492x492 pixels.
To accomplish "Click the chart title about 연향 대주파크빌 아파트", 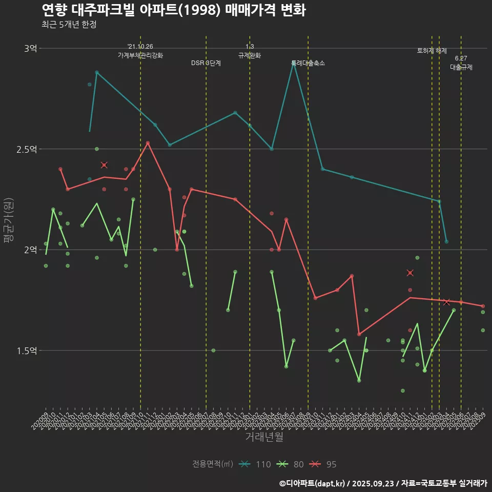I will click(x=173, y=10).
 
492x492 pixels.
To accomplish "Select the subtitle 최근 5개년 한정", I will click(x=69, y=25).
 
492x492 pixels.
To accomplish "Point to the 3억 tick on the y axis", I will click(x=30, y=49).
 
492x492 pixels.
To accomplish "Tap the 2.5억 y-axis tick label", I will click(x=27, y=149).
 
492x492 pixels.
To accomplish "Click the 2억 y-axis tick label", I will click(x=30, y=250).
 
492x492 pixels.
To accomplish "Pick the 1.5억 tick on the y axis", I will click(x=27, y=351).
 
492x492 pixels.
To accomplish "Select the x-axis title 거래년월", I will click(x=264, y=437).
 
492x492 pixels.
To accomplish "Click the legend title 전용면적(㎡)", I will click(x=213, y=464).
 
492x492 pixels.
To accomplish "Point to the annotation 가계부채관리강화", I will click(x=140, y=55).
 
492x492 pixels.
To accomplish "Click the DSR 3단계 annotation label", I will click(x=206, y=63).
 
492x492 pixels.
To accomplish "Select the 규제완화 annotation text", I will click(x=250, y=55).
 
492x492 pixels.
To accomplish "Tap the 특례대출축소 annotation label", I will click(x=308, y=63).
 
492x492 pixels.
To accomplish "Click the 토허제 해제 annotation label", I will click(x=432, y=51).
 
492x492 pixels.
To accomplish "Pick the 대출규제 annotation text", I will click(x=461, y=67).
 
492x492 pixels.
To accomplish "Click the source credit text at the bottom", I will click(x=383, y=483).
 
